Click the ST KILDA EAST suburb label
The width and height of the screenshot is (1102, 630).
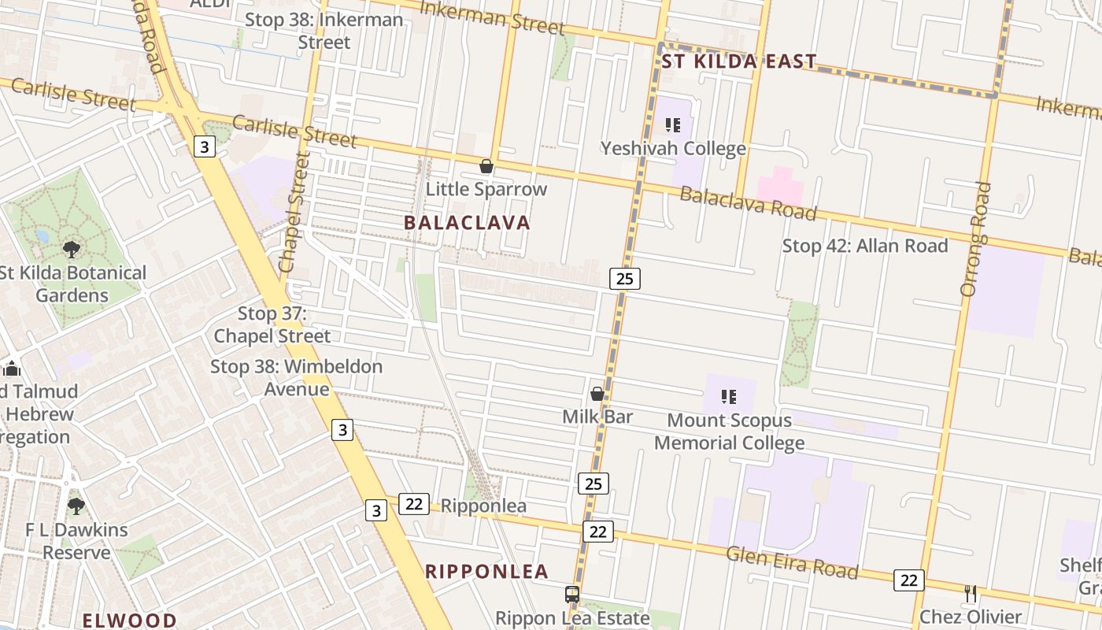(738, 61)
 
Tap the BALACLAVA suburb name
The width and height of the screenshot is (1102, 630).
(467, 223)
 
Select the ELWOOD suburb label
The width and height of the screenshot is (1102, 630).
(129, 620)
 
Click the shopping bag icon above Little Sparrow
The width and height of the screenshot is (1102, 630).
(486, 166)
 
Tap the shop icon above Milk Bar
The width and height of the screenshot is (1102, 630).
(597, 393)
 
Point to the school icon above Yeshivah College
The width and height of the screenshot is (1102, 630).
(672, 124)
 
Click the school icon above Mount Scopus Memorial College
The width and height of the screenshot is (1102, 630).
(729, 397)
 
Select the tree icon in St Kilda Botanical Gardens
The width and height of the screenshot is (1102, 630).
(72, 250)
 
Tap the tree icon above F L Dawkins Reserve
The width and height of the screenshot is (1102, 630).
(76, 506)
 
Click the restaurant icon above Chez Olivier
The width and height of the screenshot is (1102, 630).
(971, 593)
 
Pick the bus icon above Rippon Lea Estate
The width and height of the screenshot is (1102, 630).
(572, 595)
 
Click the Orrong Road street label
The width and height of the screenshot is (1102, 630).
(975, 239)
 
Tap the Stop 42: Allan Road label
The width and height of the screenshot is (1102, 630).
(864, 246)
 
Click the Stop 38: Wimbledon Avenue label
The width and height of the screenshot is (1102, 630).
(296, 377)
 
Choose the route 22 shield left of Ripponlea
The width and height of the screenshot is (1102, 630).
(413, 504)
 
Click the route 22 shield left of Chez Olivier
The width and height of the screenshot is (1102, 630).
(908, 580)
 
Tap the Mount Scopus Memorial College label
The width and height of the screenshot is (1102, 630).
(729, 431)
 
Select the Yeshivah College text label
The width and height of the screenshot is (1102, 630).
(673, 148)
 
